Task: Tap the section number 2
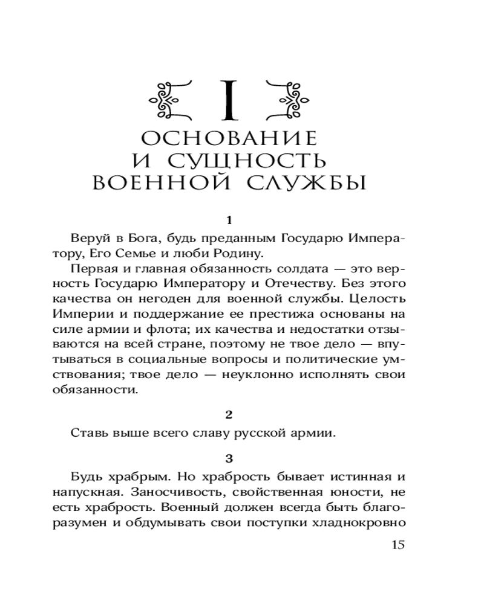(x=228, y=414)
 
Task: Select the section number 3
(x=228, y=457)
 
